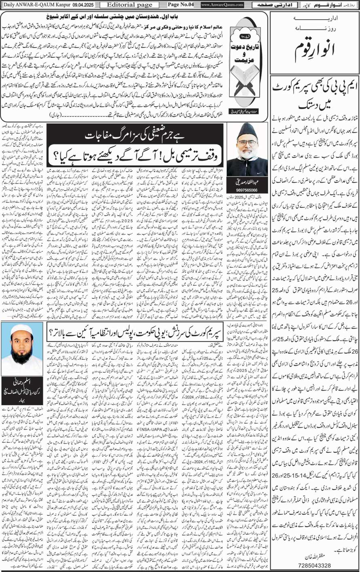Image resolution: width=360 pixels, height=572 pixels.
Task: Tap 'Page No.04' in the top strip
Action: click(181, 5)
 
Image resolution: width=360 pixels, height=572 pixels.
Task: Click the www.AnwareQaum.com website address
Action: click(222, 5)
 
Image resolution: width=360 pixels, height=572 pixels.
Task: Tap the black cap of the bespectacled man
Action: click(247, 132)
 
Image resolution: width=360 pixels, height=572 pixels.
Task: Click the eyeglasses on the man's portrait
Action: click(248, 143)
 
